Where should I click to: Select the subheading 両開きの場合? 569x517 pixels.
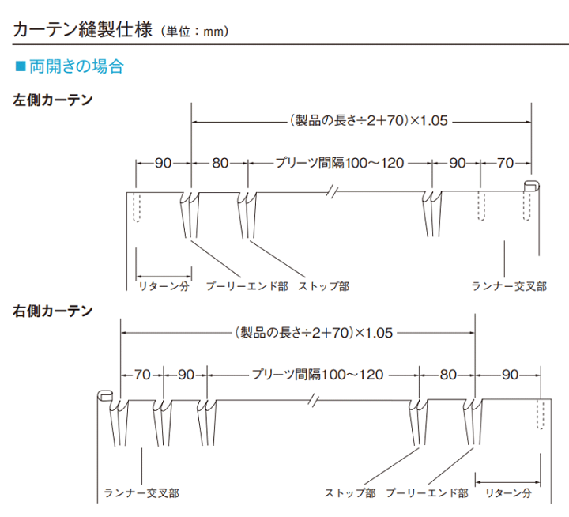(x=76, y=66)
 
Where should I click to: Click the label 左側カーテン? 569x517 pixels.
(x=52, y=100)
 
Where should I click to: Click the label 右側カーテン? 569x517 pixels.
(x=52, y=311)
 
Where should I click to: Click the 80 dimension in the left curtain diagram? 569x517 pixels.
(x=220, y=164)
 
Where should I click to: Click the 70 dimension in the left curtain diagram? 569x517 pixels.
(x=505, y=164)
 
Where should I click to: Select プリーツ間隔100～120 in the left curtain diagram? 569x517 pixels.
(x=339, y=164)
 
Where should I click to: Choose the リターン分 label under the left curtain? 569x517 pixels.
(x=164, y=286)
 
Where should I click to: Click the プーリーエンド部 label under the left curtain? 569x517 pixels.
(x=247, y=286)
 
